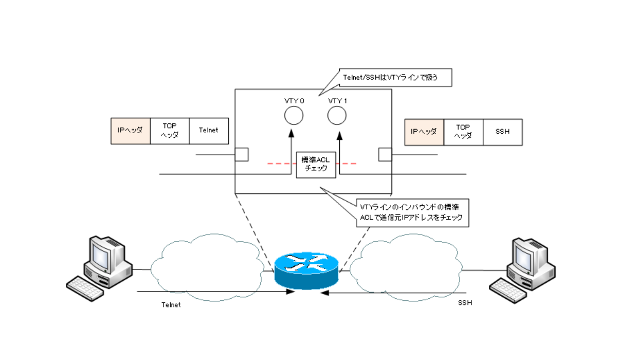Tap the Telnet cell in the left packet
(209, 131)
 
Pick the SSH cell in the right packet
(503, 132)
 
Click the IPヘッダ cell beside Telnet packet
(131, 131)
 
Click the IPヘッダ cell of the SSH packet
(424, 132)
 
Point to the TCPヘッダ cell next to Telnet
(170, 131)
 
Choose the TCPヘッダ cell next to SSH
(463, 132)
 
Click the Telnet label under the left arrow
(171, 304)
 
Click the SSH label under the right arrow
(465, 303)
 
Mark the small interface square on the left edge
(242, 154)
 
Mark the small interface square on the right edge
(385, 154)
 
